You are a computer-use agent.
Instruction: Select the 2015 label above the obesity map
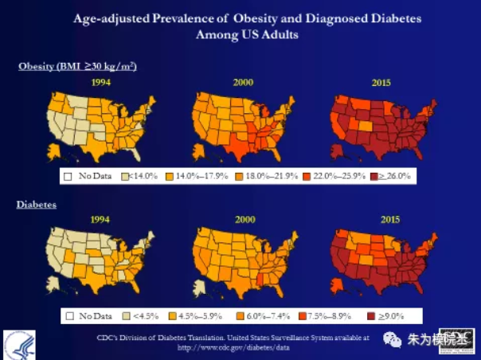[382, 81]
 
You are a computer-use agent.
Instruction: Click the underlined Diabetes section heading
[36, 205]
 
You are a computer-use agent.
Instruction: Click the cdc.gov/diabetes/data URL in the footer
[232, 347]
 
